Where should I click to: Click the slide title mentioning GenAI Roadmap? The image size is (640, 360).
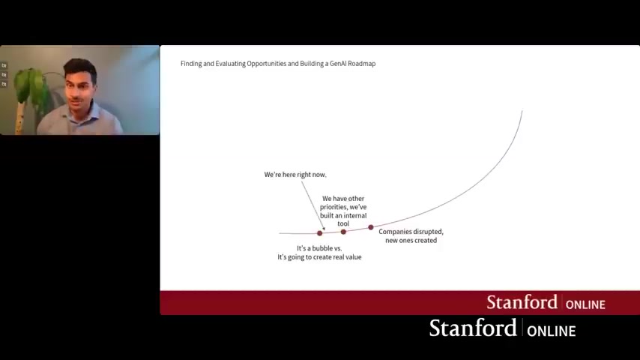pyautogui.click(x=278, y=64)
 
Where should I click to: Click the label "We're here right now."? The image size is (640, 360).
pyautogui.click(x=295, y=175)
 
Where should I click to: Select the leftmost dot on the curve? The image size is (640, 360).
pyautogui.click(x=319, y=233)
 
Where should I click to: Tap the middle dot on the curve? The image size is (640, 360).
pyautogui.click(x=343, y=232)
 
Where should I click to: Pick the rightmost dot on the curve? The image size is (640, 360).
pyautogui.click(x=371, y=227)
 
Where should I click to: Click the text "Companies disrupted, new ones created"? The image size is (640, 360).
pyautogui.click(x=411, y=236)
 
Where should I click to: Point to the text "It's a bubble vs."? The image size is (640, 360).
pyautogui.click(x=319, y=248)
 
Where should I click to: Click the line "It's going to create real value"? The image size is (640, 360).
pyautogui.click(x=319, y=257)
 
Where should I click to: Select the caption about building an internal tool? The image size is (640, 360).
pyautogui.click(x=343, y=211)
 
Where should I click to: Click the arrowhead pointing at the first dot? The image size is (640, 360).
pyautogui.click(x=324, y=229)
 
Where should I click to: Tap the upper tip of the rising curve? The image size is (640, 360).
pyautogui.click(x=522, y=111)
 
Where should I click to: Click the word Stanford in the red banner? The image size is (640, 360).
pyautogui.click(x=522, y=302)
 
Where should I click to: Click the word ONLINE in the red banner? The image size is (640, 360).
pyautogui.click(x=585, y=304)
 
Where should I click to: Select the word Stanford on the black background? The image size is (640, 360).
pyautogui.click(x=473, y=328)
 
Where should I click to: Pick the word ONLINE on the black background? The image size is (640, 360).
pyautogui.click(x=551, y=331)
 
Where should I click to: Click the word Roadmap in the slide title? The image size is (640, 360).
pyautogui.click(x=363, y=64)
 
